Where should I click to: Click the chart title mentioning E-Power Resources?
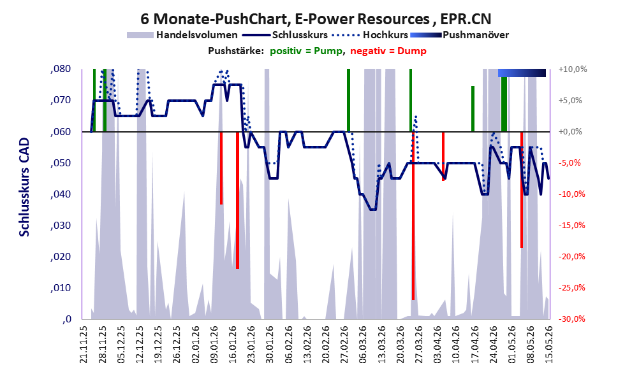316,19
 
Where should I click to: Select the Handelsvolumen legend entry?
182,35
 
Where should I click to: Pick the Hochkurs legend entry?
370,35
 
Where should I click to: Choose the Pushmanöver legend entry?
459,35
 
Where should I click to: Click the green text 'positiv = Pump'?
306,51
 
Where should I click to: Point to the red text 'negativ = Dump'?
388,51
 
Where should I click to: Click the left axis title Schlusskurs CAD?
25,187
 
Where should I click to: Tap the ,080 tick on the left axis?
61,69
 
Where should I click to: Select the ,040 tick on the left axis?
61,194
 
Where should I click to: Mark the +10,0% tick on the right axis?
573,69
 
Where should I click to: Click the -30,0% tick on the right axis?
572,319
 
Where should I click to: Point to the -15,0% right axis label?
572,226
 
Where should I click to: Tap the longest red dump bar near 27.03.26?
413,216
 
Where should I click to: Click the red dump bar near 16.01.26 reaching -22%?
237,200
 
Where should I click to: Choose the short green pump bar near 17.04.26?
473,109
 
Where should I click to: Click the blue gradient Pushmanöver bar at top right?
522,73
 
